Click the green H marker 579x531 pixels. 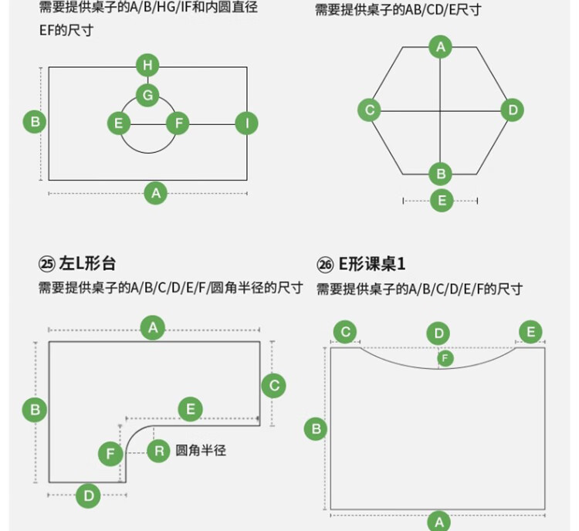pyautogui.click(x=147, y=65)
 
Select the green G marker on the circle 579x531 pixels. pyautogui.click(x=147, y=95)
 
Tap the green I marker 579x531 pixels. pyautogui.click(x=247, y=123)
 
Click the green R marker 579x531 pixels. pyautogui.click(x=159, y=451)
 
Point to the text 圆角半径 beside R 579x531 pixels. pyautogui.click(x=201, y=451)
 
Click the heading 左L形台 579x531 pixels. pyautogui.click(x=87, y=264)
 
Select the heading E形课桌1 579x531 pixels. pyautogui.click(x=372, y=264)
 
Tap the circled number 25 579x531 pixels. pyautogui.click(x=47, y=264)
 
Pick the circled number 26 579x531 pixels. pyautogui.click(x=325, y=265)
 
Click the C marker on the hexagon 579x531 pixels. pyautogui.click(x=370, y=110)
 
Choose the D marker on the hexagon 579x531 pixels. pyautogui.click(x=512, y=110)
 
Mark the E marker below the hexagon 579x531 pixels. pyautogui.click(x=442, y=201)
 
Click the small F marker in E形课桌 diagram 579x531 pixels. pyautogui.click(x=445, y=358)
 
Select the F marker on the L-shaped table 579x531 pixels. pyautogui.click(x=110, y=454)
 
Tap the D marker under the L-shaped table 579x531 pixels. pyautogui.click(x=88, y=495)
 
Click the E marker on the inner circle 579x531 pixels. pyautogui.click(x=119, y=123)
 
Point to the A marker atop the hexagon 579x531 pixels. pyautogui.click(x=441, y=47)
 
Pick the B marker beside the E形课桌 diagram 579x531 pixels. pyautogui.click(x=316, y=429)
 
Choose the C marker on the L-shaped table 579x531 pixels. pyautogui.click(x=273, y=386)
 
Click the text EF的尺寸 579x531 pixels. pyautogui.click(x=66, y=30)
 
